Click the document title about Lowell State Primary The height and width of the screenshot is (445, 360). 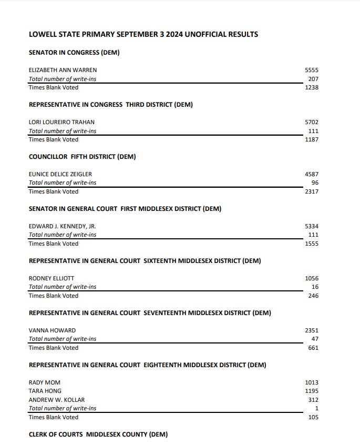pyautogui.click(x=143, y=35)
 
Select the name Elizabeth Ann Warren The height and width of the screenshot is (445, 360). pyautogui.click(x=63, y=70)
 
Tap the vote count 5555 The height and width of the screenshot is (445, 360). pyautogui.click(x=312, y=70)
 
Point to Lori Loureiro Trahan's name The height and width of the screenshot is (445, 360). pyautogui.click(x=61, y=122)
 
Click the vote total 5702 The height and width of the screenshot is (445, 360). pyautogui.click(x=312, y=122)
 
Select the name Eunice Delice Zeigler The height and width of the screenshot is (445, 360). pyautogui.click(x=64, y=174)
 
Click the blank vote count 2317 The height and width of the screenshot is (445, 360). pyautogui.click(x=312, y=191)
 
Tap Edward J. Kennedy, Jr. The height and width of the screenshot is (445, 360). pyautogui.click(x=62, y=226)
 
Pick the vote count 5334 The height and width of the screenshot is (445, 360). pyautogui.click(x=312, y=226)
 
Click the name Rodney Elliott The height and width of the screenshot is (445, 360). pyautogui.click(x=52, y=278)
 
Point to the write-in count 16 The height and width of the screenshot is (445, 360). pyautogui.click(x=315, y=287)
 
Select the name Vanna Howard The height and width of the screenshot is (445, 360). pyautogui.click(x=52, y=330)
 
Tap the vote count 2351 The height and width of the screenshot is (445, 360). pyautogui.click(x=312, y=330)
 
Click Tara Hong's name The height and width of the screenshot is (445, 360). pyautogui.click(x=45, y=391)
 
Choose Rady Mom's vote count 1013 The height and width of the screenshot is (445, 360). pyautogui.click(x=312, y=382)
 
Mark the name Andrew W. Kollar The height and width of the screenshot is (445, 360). pyautogui.click(x=56, y=400)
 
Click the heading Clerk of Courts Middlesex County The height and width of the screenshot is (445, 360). pyautogui.click(x=98, y=434)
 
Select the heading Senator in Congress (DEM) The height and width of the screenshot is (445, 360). pyautogui.click(x=75, y=53)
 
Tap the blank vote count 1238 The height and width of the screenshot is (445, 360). pyautogui.click(x=312, y=87)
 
